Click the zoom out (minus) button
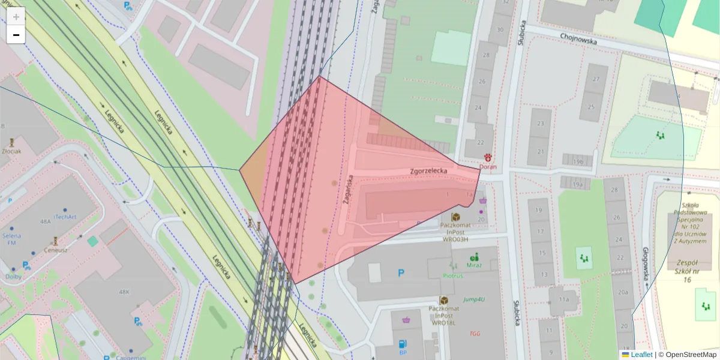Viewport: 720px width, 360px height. pos(16,35)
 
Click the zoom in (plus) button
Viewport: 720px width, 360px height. pos(16,16)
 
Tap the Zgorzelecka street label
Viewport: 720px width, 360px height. pos(429,171)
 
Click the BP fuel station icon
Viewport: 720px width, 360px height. pos(403,344)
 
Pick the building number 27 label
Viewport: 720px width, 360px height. pos(596,79)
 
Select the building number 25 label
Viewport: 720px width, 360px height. pos(591,107)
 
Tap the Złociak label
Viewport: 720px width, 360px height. pos(11,151)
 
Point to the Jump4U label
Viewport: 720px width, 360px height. pos(474,299)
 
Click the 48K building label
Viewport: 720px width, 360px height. pos(124,292)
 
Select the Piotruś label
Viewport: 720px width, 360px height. pos(454,276)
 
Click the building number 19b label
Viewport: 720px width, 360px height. pos(578,162)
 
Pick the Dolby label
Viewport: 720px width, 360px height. pos(13,277)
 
